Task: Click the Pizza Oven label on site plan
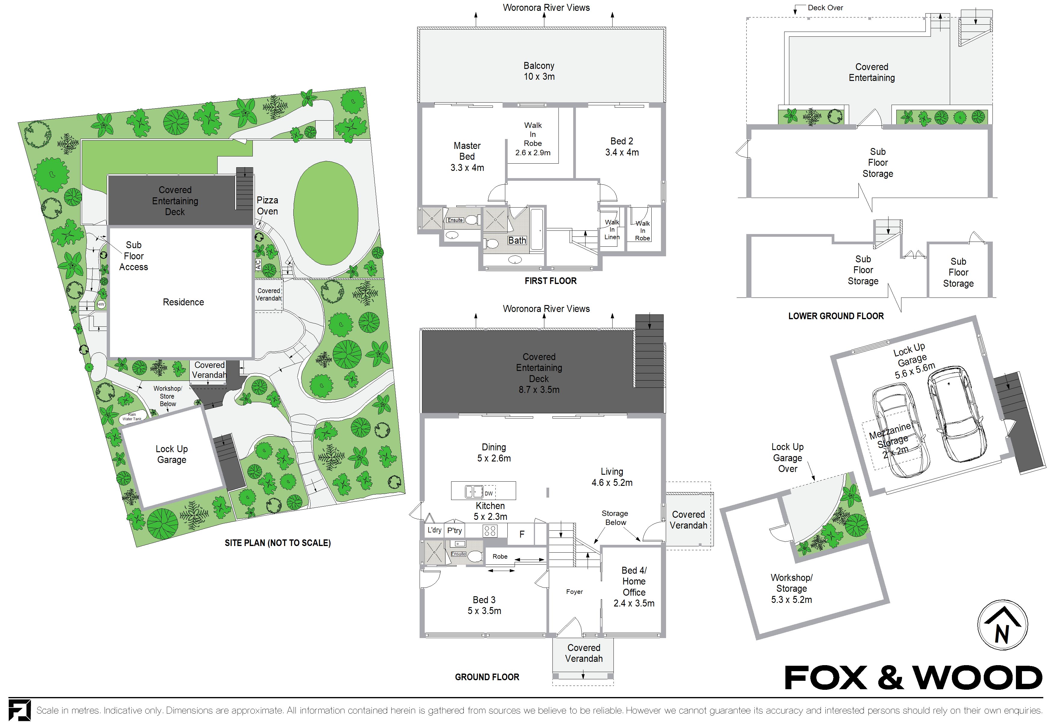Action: pos(267,206)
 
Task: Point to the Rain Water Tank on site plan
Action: pos(132,417)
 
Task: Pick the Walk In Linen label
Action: pos(612,230)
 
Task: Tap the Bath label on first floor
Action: pos(517,240)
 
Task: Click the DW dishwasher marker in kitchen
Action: pos(488,493)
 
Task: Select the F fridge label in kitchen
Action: pos(521,535)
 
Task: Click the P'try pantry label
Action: pos(454,530)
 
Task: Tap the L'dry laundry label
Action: pos(434,530)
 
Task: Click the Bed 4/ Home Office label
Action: pos(634,587)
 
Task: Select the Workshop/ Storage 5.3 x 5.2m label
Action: pos(791,588)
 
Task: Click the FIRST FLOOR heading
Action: pos(550,281)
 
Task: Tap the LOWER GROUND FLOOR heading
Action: pos(836,316)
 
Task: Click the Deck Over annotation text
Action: pos(825,8)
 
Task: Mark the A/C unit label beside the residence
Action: pos(258,264)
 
